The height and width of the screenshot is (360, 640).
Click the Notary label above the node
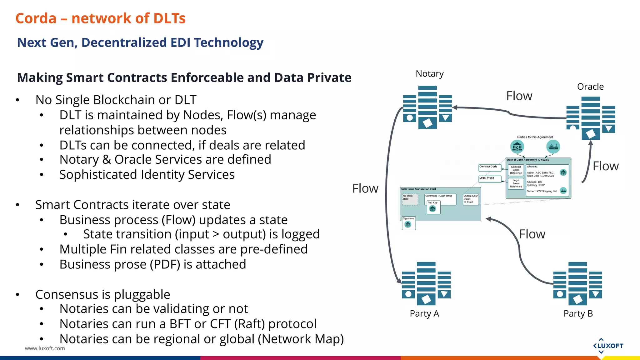429,74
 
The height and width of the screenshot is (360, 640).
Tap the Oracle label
590,87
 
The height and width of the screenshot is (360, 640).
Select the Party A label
424,313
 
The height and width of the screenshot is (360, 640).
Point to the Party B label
578,313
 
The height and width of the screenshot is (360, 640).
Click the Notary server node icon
427,107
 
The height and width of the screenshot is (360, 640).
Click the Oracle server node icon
591,118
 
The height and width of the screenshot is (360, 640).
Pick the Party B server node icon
577,283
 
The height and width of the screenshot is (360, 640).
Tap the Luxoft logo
608,346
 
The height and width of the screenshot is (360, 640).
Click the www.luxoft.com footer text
45,348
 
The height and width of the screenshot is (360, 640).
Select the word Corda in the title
36,18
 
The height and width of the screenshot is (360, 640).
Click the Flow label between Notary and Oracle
519,96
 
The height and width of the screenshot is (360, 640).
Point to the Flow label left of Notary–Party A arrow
365,188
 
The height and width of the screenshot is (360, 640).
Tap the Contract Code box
489,168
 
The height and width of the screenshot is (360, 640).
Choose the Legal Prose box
489,179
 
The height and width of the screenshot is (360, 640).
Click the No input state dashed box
410,199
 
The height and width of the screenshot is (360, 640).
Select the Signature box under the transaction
408,223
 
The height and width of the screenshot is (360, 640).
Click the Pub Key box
433,207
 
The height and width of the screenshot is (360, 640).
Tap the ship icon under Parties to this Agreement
553,146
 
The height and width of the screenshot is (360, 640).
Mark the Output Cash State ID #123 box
471,199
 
